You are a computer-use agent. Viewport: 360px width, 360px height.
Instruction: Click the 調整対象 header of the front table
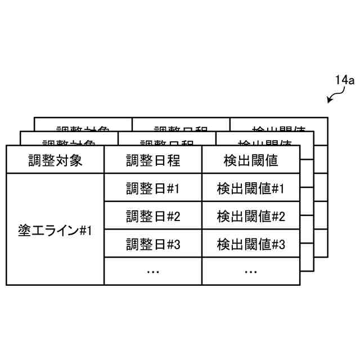[55, 160]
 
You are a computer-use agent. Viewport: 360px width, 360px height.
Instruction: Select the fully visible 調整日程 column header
[153, 160]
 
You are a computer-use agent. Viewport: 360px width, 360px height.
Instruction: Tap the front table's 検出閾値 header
[251, 160]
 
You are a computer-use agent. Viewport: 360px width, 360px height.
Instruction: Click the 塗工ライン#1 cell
[55, 230]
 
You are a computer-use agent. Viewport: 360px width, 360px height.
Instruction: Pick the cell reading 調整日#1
[153, 188]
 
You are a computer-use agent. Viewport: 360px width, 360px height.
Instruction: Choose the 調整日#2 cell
[153, 216]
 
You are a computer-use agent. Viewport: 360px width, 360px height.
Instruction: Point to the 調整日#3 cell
[153, 244]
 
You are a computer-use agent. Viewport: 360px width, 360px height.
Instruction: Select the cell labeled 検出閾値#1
[251, 188]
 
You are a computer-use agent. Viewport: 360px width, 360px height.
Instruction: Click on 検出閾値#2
[251, 216]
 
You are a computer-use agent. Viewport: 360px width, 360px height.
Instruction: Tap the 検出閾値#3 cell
[251, 244]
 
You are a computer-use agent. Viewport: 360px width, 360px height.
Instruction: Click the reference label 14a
[344, 81]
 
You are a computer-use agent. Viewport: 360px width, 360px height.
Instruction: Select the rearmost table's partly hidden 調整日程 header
[181, 126]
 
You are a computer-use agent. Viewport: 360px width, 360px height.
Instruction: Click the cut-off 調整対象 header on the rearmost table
[83, 126]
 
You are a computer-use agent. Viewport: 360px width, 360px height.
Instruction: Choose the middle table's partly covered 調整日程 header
[166, 140]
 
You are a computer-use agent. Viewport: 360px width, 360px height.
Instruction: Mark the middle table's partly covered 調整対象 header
[69, 140]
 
